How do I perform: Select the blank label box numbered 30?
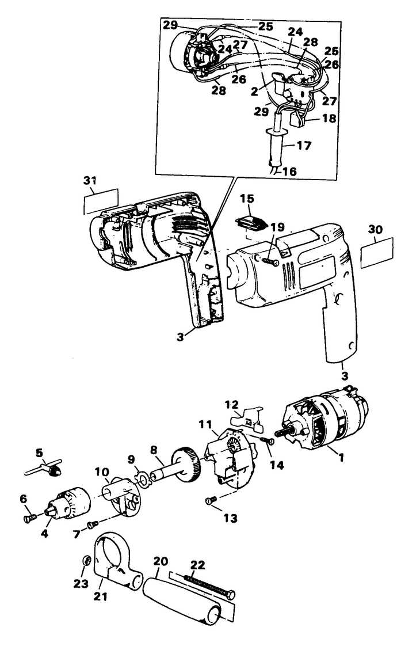(377, 253)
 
